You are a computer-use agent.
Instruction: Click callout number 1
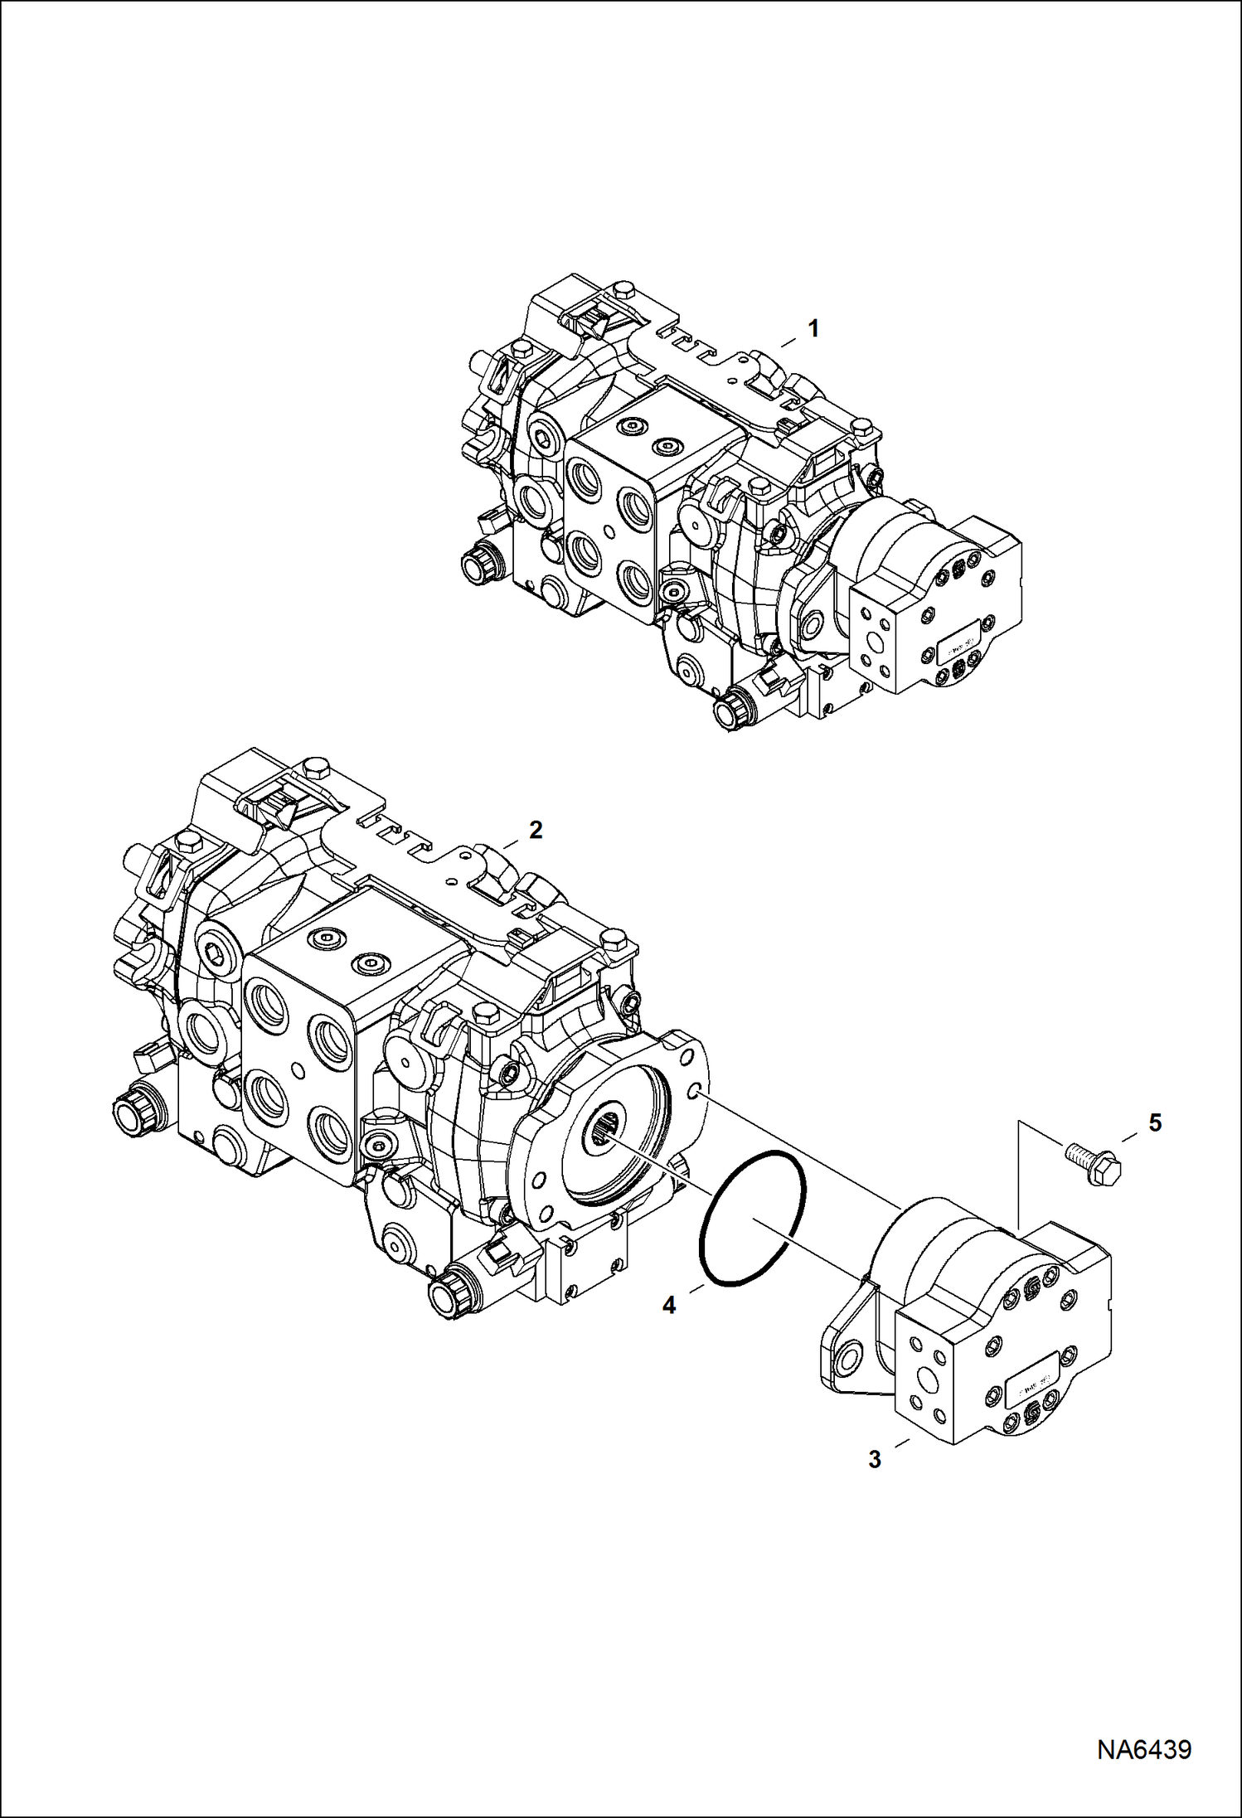813,329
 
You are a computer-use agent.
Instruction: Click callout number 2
536,830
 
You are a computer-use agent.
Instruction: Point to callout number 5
1155,1123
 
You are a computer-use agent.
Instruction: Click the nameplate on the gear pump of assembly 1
959,645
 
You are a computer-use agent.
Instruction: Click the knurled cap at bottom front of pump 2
447,1298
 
